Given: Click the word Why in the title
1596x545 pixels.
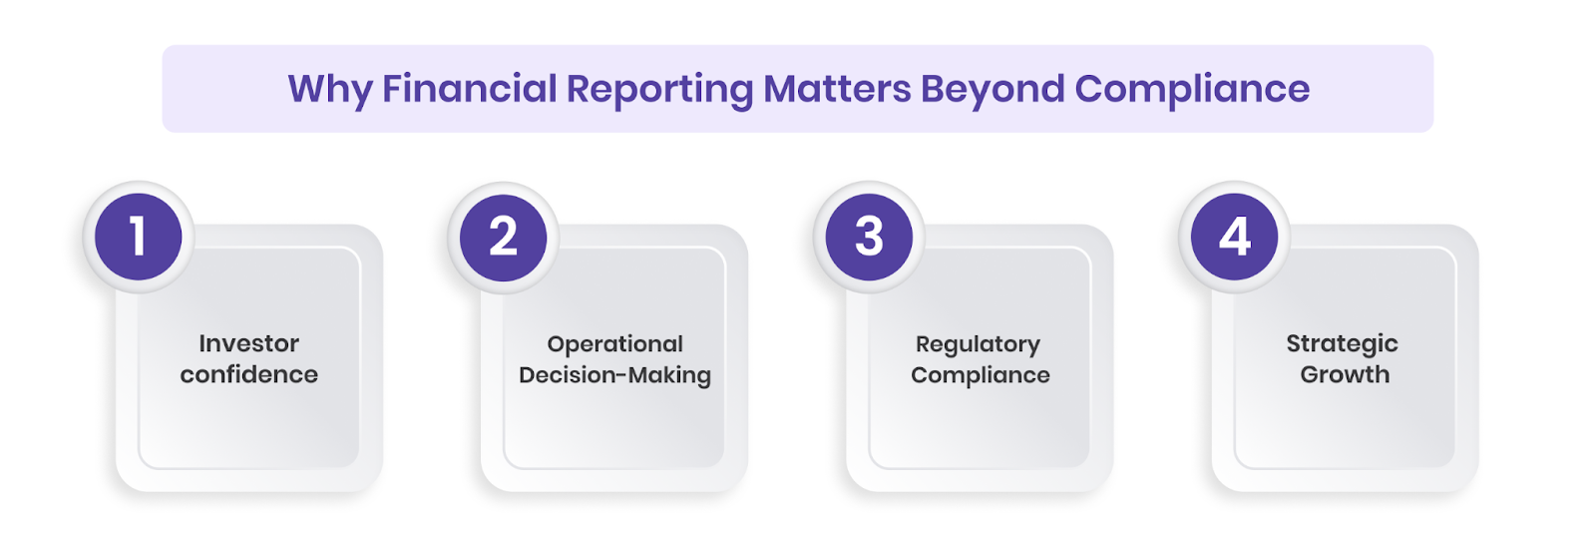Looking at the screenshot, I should pyautogui.click(x=329, y=90).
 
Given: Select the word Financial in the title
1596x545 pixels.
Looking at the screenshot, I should pyautogui.click(x=469, y=89).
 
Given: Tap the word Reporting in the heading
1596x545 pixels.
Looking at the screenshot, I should pyautogui.click(x=659, y=90).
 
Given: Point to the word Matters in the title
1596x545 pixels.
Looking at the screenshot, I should pyautogui.click(x=837, y=89).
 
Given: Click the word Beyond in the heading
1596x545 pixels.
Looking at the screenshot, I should pyautogui.click(x=993, y=90).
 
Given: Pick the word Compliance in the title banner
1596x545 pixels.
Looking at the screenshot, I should pyautogui.click(x=1192, y=90).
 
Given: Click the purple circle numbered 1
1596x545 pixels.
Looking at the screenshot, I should pyautogui.click(x=139, y=238).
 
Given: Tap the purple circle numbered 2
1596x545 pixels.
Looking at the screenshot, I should pyautogui.click(x=504, y=238).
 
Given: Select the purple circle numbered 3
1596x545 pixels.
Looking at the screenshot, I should pyautogui.click(x=869, y=238).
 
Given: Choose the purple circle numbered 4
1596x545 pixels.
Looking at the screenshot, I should pyautogui.click(x=1235, y=238).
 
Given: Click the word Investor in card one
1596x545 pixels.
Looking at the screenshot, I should pyautogui.click(x=248, y=343).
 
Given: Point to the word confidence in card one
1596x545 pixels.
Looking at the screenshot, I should pyautogui.click(x=248, y=374).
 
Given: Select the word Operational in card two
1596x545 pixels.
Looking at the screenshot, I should pyautogui.click(x=614, y=344).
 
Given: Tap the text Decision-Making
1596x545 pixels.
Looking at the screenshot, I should pyautogui.click(x=614, y=375).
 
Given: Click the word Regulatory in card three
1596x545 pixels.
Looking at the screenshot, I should pyautogui.click(x=978, y=344).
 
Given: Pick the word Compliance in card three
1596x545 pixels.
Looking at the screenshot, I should pyautogui.click(x=980, y=375).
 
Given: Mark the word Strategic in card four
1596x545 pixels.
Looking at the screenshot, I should pyautogui.click(x=1342, y=344).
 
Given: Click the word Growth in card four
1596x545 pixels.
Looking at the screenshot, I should pyautogui.click(x=1345, y=374).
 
